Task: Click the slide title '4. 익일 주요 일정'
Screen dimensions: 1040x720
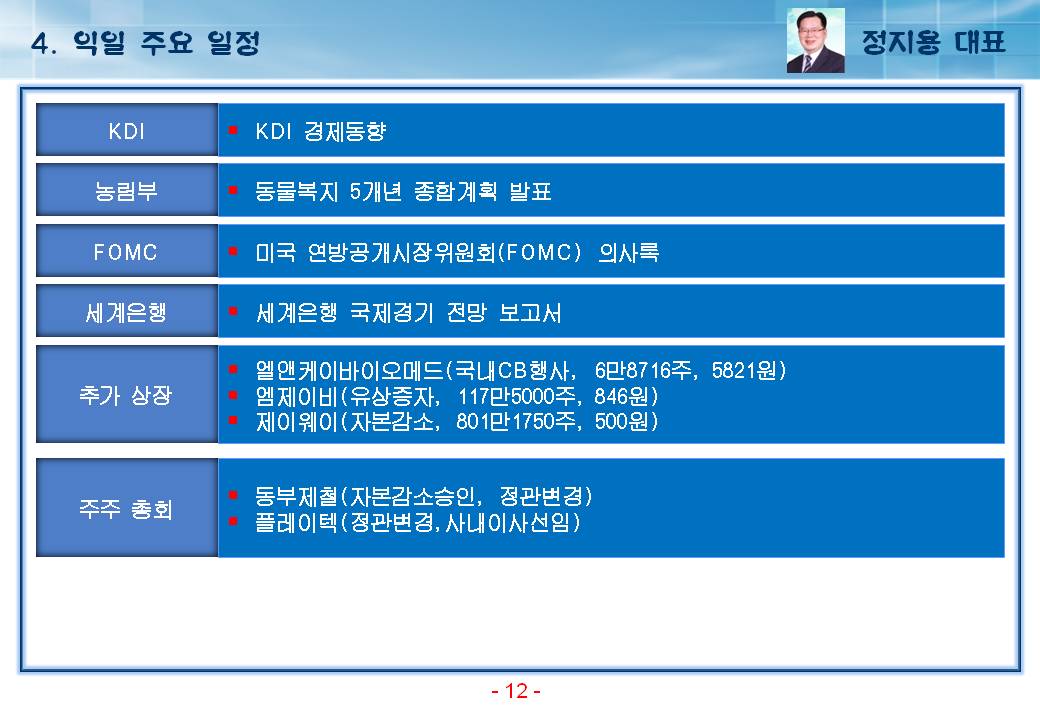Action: click(145, 43)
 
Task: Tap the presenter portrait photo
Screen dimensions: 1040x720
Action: click(815, 40)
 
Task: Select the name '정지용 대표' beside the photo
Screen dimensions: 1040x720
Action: click(933, 42)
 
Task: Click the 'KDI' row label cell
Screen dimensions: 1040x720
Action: click(127, 130)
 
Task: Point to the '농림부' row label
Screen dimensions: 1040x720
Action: click(127, 191)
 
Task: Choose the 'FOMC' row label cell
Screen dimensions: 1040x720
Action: click(127, 251)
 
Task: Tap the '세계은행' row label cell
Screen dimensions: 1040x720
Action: click(127, 312)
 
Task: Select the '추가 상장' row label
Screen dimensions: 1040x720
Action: click(127, 394)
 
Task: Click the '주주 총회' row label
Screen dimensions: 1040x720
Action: click(127, 509)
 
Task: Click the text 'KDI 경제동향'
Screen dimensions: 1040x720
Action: click(320, 131)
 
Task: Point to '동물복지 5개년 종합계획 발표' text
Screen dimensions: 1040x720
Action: click(403, 192)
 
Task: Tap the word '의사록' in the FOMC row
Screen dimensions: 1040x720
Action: click(628, 252)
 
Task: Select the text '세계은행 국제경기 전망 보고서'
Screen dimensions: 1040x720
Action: click(409, 312)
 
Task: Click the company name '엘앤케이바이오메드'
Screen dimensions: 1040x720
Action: click(349, 370)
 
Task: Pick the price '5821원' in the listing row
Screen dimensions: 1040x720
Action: click(745, 370)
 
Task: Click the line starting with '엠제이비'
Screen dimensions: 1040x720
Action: click(457, 396)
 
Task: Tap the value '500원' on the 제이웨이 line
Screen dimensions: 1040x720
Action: click(621, 421)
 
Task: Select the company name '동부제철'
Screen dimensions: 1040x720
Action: click(296, 496)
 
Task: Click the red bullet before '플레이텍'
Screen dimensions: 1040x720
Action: click(233, 521)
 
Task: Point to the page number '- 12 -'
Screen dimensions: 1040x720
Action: click(516, 691)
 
